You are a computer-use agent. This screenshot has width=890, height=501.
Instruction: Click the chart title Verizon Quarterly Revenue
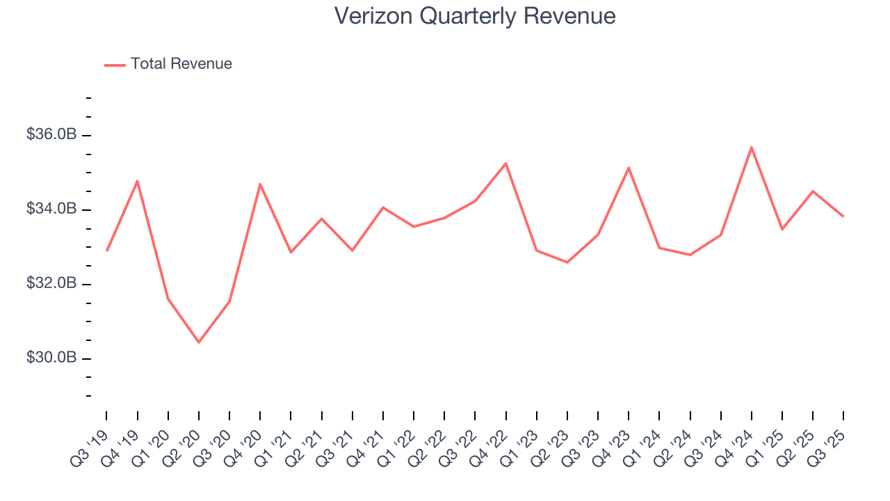pyautogui.click(x=475, y=16)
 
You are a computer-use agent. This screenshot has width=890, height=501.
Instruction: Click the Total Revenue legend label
pyautogui.click(x=181, y=64)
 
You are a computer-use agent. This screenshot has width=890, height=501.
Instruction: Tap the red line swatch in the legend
pyautogui.click(x=115, y=65)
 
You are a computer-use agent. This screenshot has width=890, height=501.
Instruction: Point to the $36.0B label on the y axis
pyautogui.click(x=51, y=135)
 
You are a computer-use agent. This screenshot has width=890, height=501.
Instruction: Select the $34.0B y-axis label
pyautogui.click(x=51, y=209)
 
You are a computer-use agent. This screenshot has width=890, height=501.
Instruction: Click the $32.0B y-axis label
pyautogui.click(x=51, y=284)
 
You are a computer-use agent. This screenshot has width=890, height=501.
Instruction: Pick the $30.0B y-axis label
pyautogui.click(x=51, y=358)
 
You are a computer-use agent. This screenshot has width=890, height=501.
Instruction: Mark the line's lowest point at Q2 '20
pyautogui.click(x=199, y=342)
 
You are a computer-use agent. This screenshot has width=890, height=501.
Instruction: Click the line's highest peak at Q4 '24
pyautogui.click(x=752, y=147)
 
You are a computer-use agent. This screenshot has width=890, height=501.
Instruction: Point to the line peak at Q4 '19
pyautogui.click(x=138, y=181)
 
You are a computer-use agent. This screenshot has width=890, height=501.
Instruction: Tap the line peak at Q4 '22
pyautogui.click(x=505, y=164)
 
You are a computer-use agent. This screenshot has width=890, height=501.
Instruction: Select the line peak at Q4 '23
pyautogui.click(x=629, y=168)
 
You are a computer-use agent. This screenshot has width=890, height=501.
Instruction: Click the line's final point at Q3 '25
pyautogui.click(x=843, y=216)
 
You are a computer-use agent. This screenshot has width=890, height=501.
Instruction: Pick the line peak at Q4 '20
pyautogui.click(x=260, y=184)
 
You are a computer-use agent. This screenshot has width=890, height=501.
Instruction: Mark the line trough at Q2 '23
pyautogui.click(x=567, y=262)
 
